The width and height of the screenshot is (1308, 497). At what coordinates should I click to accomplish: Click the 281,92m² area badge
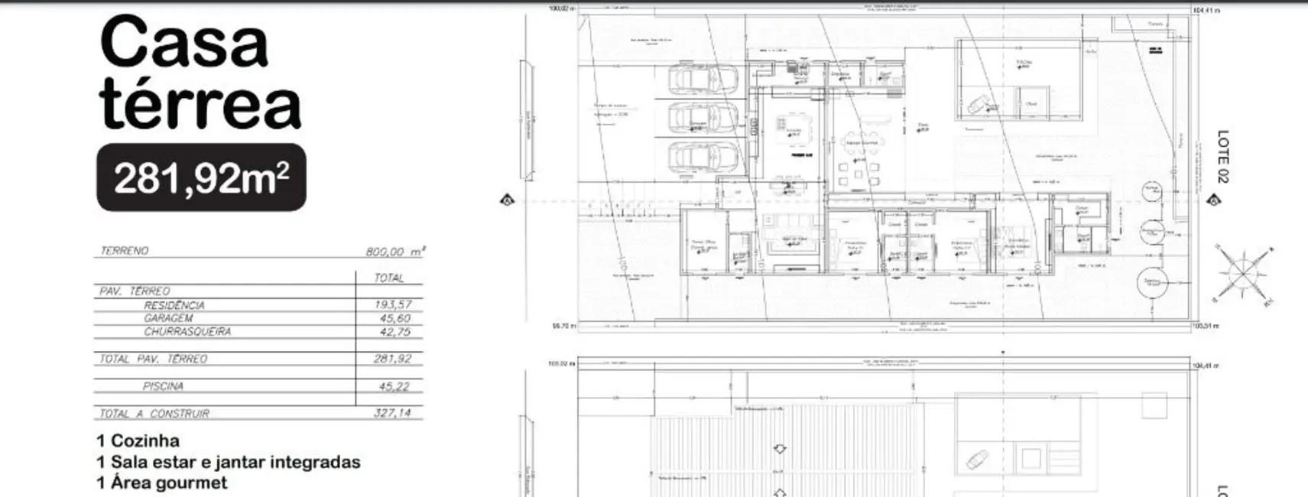[x=201, y=177]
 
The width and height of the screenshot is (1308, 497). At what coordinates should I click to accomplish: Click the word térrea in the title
[x=200, y=105]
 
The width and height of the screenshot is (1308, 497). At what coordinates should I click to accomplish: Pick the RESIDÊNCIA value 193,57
[x=393, y=304]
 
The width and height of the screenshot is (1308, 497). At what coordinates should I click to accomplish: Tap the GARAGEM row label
[x=168, y=318]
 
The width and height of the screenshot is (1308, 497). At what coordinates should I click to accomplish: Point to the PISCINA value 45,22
[x=393, y=386]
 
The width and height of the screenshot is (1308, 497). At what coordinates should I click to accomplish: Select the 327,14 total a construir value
[x=394, y=413]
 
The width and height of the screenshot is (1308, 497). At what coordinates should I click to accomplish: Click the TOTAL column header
[x=388, y=278]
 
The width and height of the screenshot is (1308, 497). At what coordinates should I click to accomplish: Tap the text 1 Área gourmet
[x=162, y=482]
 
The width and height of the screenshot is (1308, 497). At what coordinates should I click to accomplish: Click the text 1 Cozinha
[x=138, y=441]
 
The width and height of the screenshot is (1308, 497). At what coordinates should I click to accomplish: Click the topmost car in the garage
[x=703, y=78]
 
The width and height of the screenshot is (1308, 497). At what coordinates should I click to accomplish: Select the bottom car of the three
[x=703, y=157]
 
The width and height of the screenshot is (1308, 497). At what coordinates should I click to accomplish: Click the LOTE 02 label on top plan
[x=1222, y=156]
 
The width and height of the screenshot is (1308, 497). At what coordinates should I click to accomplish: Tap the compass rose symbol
[x=1243, y=272]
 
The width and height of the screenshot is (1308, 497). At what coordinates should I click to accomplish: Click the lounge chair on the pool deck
[x=979, y=105]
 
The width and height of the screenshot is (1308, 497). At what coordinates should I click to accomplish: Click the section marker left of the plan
[x=507, y=201]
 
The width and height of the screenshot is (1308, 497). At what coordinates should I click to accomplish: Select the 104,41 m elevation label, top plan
[x=1206, y=11]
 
